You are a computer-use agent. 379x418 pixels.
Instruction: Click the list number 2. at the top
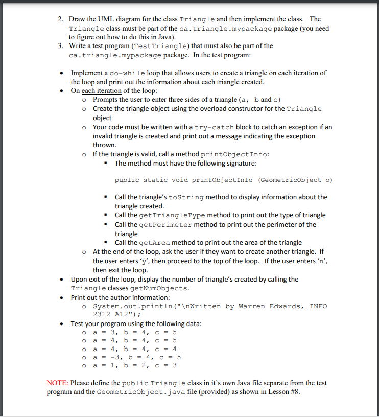(x=60, y=19)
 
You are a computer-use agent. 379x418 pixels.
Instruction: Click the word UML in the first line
(x=101, y=19)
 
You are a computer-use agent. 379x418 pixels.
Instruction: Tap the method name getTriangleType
(x=170, y=215)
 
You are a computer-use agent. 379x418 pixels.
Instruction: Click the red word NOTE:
(x=57, y=383)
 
